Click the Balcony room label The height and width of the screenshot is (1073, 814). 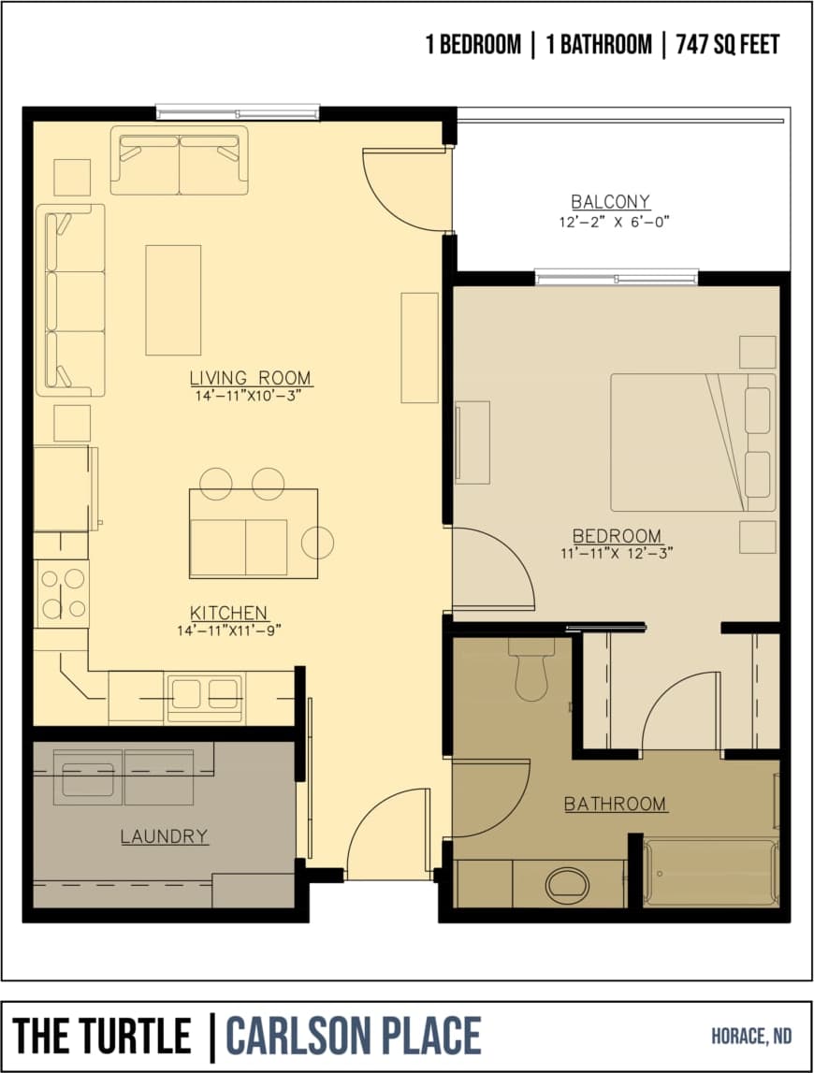pos(610,201)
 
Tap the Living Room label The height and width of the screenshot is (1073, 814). pos(251,378)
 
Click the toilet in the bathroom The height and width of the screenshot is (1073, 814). pos(531,674)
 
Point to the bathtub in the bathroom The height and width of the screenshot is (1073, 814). pos(710,873)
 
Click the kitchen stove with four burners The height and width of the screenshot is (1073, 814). pos(62,593)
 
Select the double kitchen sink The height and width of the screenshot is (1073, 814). pos(204,695)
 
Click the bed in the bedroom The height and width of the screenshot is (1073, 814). pos(693,442)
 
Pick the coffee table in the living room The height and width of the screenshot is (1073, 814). pos(173,299)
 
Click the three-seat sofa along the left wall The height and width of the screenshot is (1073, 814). pos(71,299)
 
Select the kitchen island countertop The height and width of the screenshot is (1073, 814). pos(253,533)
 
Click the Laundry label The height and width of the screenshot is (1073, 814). pos(164,836)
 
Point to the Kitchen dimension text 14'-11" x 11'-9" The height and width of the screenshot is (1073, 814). pos(229,630)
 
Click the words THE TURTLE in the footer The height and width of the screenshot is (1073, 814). pos(102,1037)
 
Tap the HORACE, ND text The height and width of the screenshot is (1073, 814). pos(750,1036)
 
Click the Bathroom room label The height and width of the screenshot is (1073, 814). pos(615,804)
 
